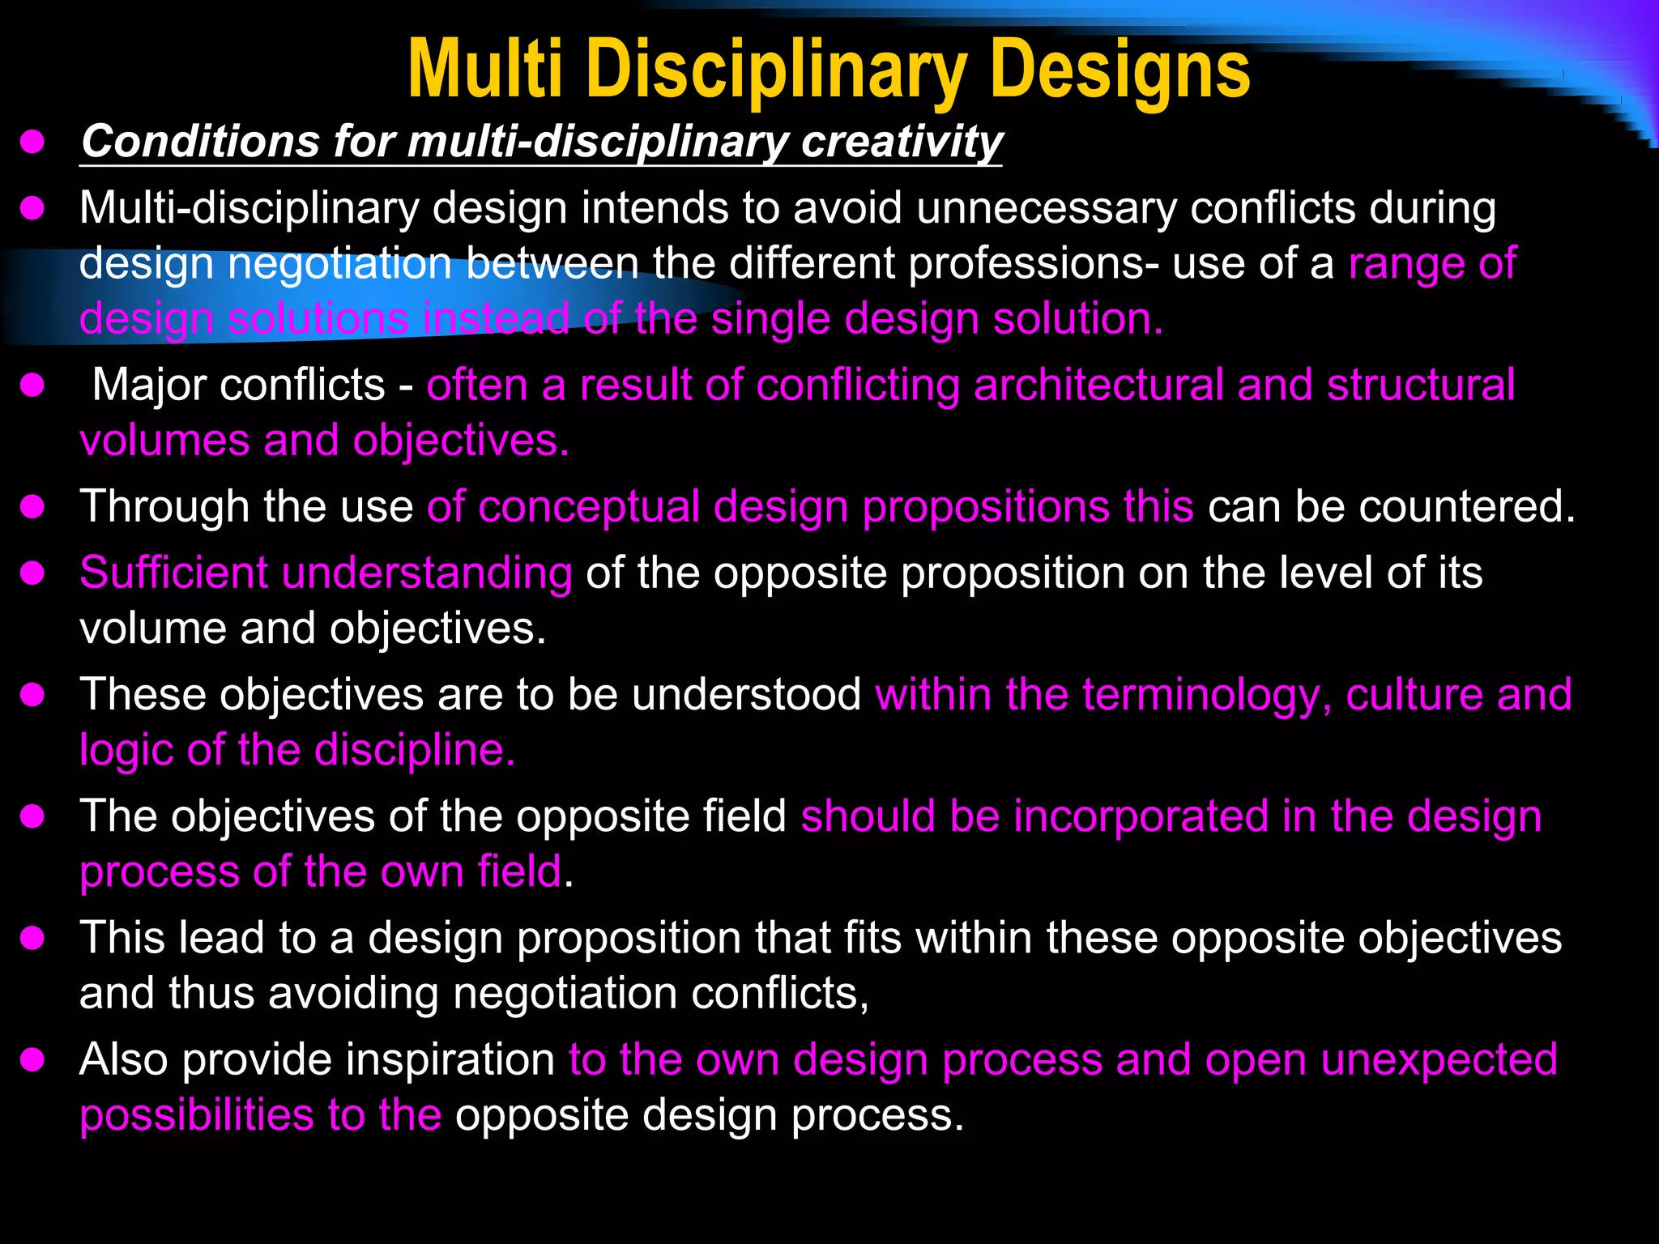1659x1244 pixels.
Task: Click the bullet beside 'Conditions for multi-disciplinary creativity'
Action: [x=32, y=143]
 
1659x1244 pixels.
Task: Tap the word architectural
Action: [x=1098, y=385]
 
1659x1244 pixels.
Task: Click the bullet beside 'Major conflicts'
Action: [x=32, y=386]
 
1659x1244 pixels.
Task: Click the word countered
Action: [x=1467, y=507]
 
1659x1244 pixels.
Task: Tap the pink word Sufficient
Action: [x=173, y=573]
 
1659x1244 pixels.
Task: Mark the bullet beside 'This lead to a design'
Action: [x=32, y=939]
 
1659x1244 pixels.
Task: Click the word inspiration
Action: [x=369, y=1060]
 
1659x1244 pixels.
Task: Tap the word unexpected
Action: [x=1439, y=1060]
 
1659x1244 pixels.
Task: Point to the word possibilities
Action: [x=197, y=1116]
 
